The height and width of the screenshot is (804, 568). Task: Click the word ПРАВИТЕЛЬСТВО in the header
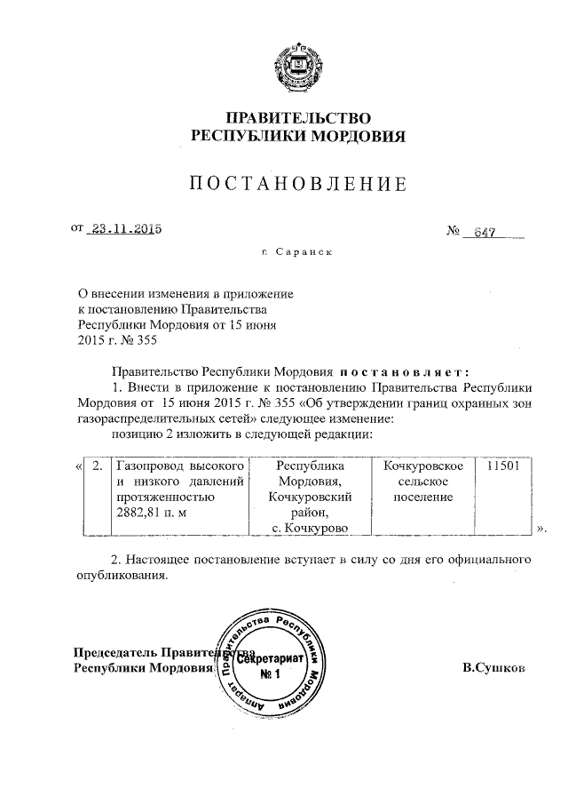tap(297, 118)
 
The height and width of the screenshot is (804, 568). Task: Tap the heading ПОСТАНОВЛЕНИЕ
tap(298, 185)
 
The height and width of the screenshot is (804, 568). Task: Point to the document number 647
tap(484, 233)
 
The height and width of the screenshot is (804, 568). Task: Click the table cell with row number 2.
tap(97, 466)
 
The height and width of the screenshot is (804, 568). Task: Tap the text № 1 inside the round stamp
tap(268, 674)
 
